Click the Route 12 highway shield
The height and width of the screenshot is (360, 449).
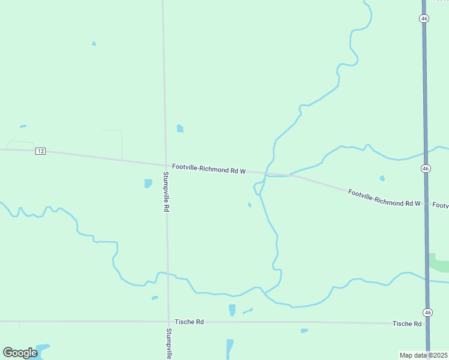pos(40,151)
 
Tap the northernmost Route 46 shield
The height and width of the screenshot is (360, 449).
pos(424,19)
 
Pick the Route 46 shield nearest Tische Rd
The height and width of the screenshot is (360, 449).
pos(427,313)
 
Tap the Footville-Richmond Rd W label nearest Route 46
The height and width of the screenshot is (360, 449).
pos(384,198)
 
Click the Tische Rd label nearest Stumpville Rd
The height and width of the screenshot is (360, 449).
pos(189,322)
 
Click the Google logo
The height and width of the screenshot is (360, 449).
pos(20,353)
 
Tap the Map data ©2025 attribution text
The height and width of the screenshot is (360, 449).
pos(423,355)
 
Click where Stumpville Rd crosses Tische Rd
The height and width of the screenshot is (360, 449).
pos(168,322)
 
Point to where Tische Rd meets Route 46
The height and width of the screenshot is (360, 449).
pos(427,324)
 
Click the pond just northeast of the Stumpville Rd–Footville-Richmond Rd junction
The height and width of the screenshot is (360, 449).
pos(180,128)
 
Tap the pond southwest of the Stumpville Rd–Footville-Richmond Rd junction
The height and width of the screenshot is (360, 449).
pos(148,183)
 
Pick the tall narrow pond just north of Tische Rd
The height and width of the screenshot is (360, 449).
pos(232,310)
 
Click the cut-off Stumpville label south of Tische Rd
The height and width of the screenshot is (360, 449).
pos(170,343)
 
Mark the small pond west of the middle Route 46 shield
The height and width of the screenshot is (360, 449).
pos(382,178)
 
